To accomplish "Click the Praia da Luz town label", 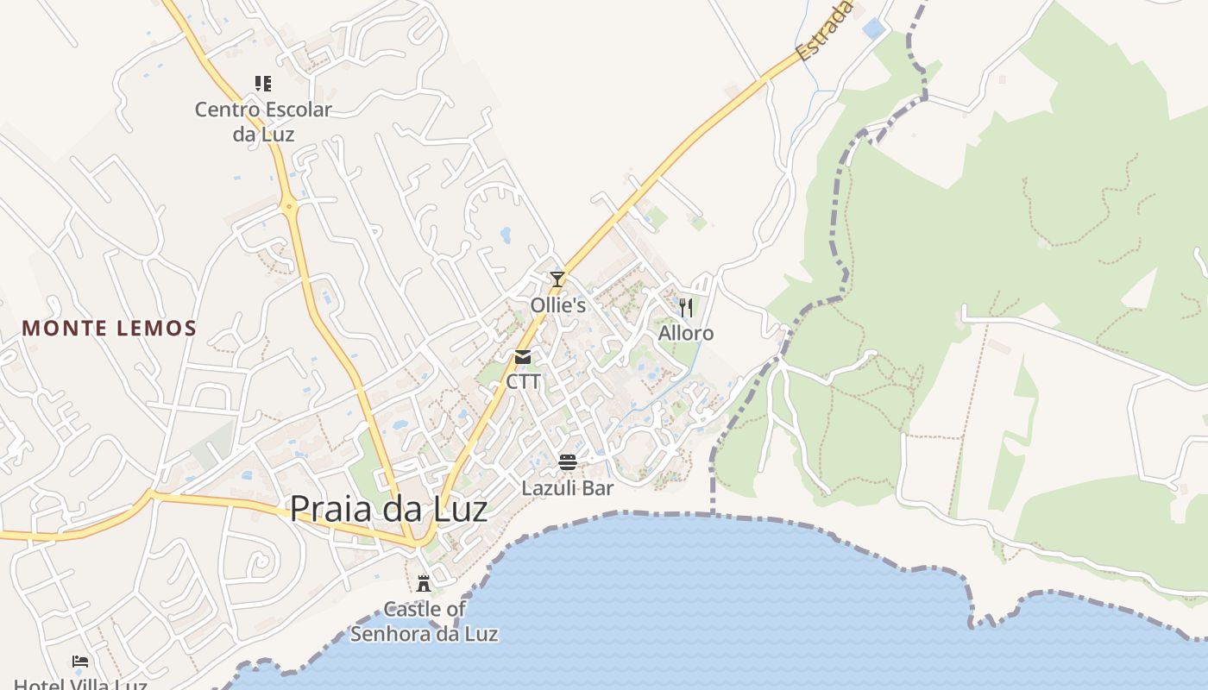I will point(388,509).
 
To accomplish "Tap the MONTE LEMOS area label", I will point(110,329).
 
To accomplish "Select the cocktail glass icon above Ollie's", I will point(557,279).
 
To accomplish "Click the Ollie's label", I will point(558,305).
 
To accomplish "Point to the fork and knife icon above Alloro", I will point(686,308).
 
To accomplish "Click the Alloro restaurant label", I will point(686,333).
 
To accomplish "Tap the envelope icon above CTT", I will point(523,357).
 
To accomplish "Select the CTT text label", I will point(524,380).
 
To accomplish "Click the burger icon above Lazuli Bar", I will point(567,462).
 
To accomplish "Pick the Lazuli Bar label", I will point(568,488).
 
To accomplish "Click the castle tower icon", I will point(423,583).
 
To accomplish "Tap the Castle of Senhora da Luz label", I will point(425,621).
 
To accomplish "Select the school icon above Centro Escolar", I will point(263,84).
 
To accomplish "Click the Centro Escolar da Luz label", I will point(263,122).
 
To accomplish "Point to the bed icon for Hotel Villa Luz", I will point(80,662).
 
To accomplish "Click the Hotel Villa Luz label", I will point(81,684).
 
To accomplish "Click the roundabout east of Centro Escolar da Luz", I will point(289,205).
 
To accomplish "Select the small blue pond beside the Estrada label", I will point(873,28).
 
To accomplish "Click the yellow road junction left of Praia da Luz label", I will point(150,496).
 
